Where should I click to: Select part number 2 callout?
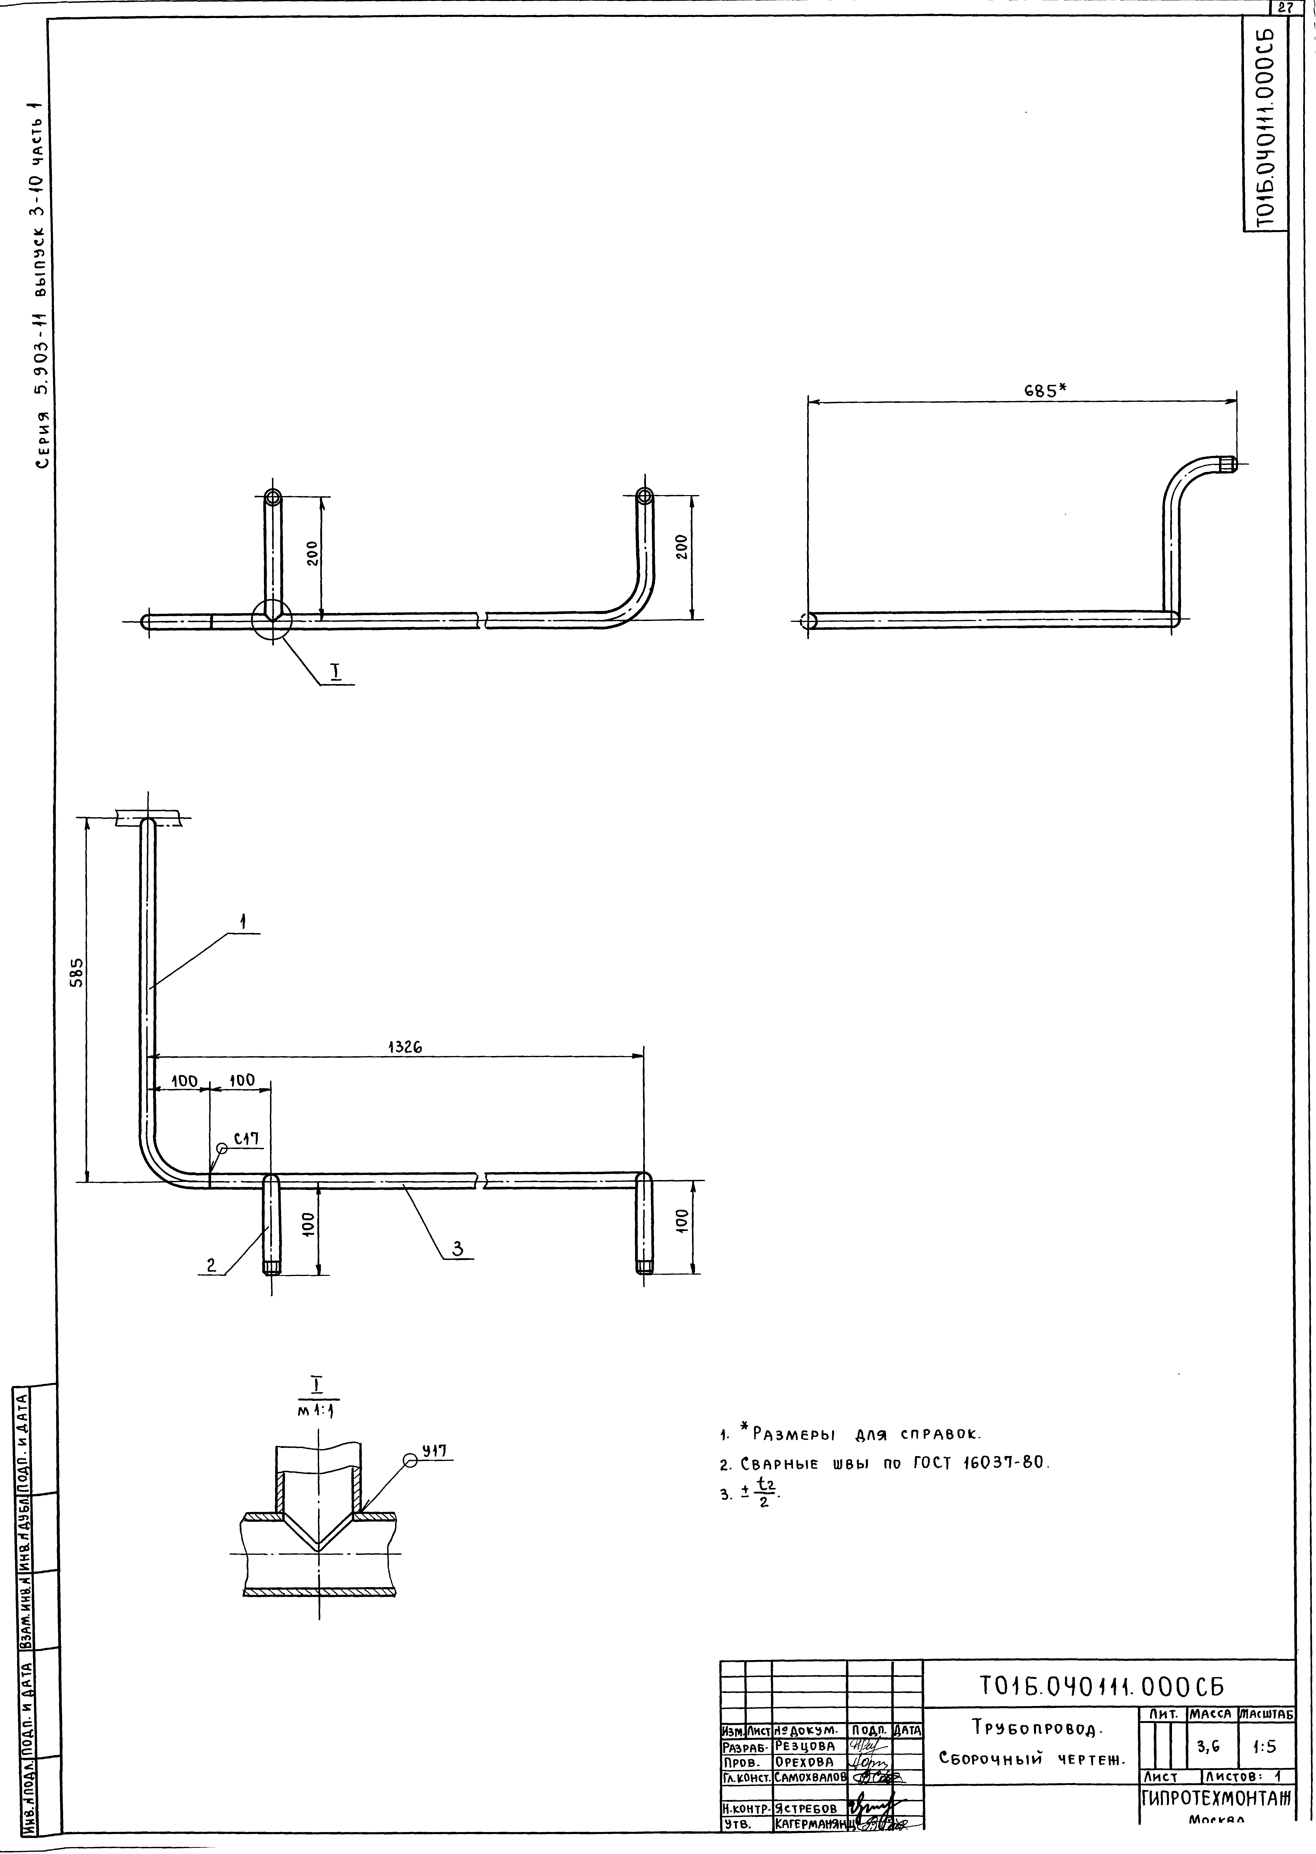coord(211,1265)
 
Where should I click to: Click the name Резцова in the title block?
coord(805,1746)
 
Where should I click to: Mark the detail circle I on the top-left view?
coord(271,620)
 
